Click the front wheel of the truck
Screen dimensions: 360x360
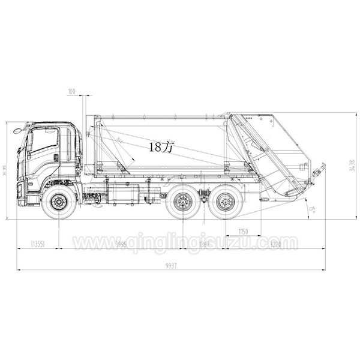[x=59, y=202]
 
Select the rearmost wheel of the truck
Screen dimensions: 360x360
[x=226, y=202]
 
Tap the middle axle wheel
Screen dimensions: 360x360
[x=183, y=202]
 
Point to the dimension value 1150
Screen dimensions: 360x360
[x=243, y=232]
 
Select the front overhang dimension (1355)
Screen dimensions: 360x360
[x=38, y=244]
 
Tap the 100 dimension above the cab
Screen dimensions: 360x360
[x=72, y=91]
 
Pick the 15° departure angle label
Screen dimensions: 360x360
[x=312, y=210]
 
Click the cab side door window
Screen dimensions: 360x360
[x=45, y=140]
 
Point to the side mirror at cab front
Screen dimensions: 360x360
[x=18, y=129]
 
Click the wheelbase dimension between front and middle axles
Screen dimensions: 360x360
[x=120, y=244]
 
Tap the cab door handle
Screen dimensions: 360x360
[x=56, y=157]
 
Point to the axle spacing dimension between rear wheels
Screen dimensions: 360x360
[x=205, y=244]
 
